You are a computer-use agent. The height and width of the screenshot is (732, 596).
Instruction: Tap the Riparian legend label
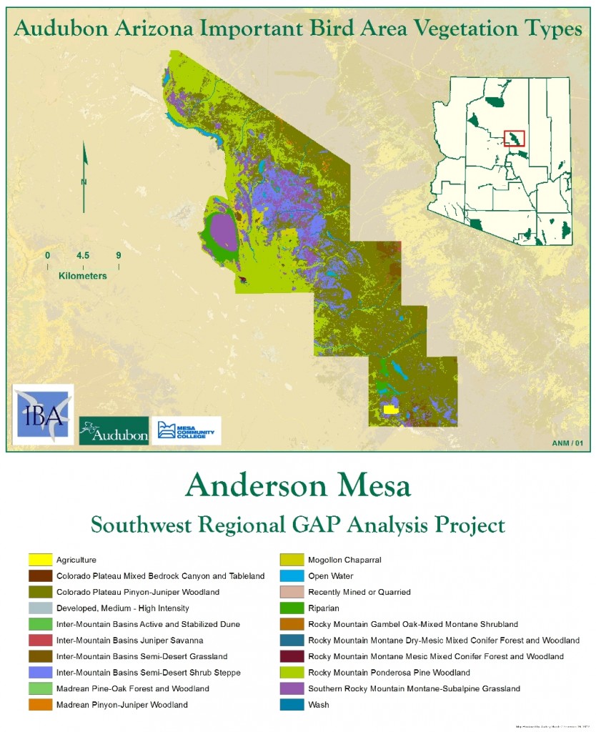coord(324,608)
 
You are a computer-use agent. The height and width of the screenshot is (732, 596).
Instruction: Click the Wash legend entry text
coord(318,705)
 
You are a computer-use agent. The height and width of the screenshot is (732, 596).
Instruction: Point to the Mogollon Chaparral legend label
coord(343,560)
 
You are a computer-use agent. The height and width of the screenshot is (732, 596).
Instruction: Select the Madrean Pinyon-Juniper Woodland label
coord(121,705)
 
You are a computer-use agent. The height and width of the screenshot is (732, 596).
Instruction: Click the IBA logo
coord(43,415)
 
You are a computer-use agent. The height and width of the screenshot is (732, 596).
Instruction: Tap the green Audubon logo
coord(114,430)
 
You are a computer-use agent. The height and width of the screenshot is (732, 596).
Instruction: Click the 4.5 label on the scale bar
coord(83,255)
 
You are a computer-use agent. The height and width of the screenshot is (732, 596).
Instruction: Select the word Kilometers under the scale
coord(83,275)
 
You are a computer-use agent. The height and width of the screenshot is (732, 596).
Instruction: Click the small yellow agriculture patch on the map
coord(390,410)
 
